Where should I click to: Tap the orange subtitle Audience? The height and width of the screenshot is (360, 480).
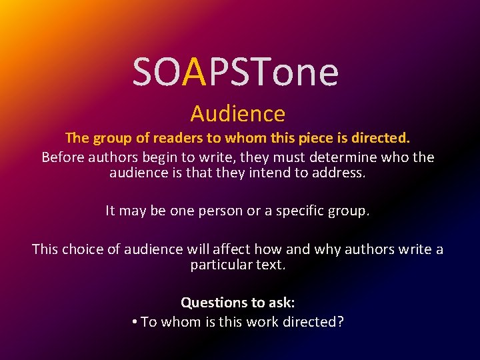click(238, 114)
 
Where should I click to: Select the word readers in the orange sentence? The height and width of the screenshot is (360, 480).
click(176, 138)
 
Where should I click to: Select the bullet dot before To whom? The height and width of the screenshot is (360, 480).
click(135, 322)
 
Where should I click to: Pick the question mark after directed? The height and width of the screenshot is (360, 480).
click(341, 322)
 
